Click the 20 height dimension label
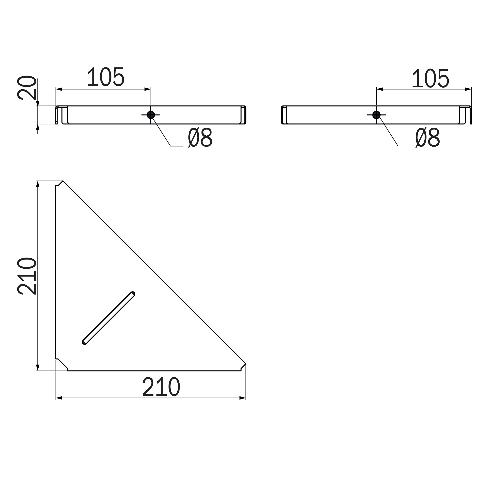tap(27, 88)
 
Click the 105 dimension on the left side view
tap(106, 77)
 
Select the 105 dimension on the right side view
tap(430, 78)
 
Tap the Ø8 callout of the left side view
tap(200, 138)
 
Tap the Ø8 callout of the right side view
tap(428, 138)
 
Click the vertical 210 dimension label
tap(27, 276)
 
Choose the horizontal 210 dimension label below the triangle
tap(161, 387)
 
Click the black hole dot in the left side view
tap(151, 115)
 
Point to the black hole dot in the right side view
tap(376, 115)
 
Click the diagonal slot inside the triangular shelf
tap(108, 318)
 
